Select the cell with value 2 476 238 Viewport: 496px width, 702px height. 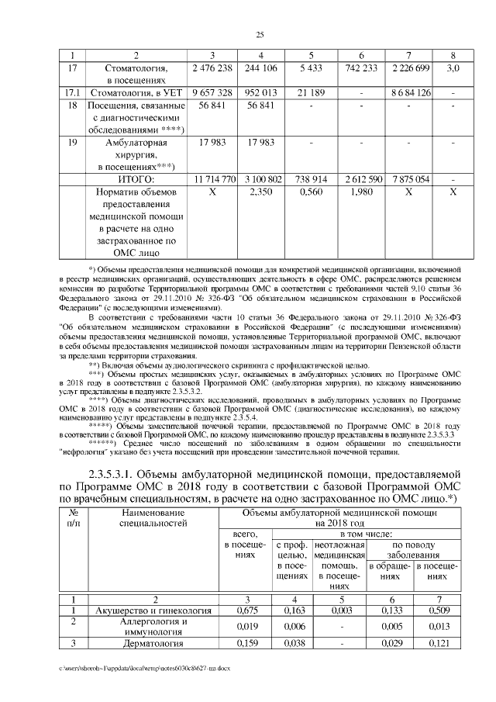(x=212, y=68)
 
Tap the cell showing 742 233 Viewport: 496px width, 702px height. (x=360, y=68)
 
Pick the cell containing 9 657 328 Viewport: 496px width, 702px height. (x=212, y=93)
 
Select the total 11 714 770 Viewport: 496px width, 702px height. (x=212, y=178)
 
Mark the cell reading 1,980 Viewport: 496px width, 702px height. (x=360, y=191)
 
